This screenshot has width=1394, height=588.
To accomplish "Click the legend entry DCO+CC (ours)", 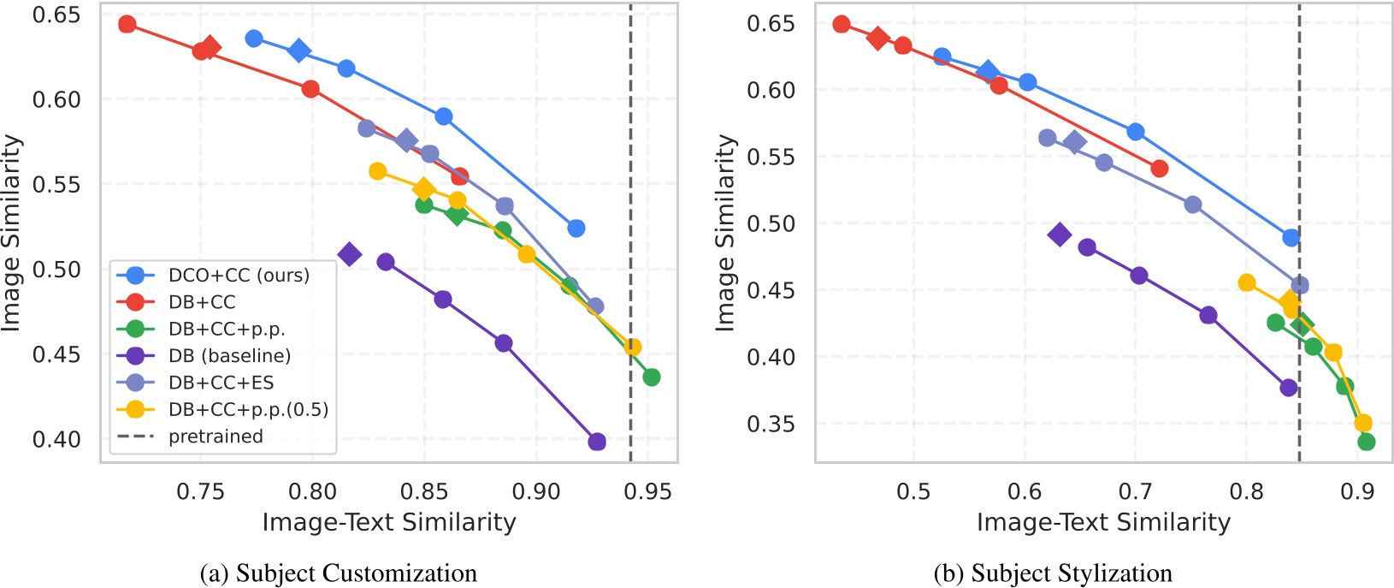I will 239,276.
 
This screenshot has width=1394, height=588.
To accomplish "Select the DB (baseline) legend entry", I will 229,356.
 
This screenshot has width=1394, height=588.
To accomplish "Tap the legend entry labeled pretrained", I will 215,437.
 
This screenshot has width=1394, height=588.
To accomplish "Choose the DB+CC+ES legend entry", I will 221,383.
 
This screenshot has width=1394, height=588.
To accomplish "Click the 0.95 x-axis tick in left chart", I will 647,492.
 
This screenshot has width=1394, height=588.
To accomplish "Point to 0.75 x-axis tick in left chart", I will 201,492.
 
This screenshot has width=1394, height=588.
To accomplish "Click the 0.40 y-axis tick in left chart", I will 56,439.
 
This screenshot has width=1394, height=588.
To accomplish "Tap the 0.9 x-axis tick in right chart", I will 1357,492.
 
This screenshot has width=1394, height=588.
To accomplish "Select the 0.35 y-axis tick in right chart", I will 771,424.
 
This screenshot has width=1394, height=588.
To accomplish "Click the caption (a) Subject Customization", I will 338,573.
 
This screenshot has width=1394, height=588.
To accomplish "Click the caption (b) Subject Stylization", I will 1053,573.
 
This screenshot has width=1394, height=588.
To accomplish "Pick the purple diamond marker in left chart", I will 349,254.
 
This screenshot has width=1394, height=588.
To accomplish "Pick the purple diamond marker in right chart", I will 1060,235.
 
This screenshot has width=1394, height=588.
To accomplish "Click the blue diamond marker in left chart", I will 298,51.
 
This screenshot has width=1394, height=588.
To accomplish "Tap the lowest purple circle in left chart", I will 597,442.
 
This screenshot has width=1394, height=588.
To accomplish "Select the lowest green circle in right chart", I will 1366,442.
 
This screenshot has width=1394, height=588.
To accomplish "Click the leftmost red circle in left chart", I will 127,24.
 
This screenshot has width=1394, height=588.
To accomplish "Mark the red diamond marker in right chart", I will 877,38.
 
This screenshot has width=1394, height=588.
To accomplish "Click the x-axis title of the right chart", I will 1103,522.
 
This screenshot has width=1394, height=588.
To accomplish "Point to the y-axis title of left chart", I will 12,233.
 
